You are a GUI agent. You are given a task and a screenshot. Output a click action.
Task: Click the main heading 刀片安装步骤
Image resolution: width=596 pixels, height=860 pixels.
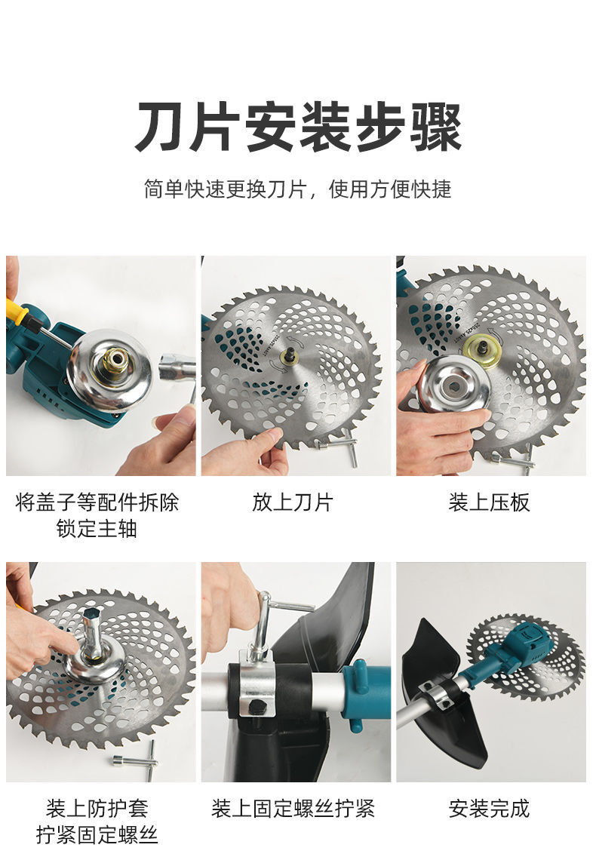tap(298, 127)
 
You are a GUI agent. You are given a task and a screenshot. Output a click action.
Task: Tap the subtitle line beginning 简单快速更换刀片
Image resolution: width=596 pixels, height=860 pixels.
tap(298, 189)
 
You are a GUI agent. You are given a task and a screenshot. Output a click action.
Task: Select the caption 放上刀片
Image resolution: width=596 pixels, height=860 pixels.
tap(293, 502)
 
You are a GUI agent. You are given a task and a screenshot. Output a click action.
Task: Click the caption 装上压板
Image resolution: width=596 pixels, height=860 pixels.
tap(489, 502)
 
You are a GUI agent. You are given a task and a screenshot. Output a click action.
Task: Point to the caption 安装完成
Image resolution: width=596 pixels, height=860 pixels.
tap(489, 808)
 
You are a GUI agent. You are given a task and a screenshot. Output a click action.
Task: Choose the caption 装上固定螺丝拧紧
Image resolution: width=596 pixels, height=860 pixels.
tap(293, 808)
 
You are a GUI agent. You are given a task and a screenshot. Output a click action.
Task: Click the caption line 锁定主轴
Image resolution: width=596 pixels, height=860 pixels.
tap(97, 529)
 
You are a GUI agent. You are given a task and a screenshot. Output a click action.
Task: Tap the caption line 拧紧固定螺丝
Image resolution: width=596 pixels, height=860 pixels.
tap(97, 835)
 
